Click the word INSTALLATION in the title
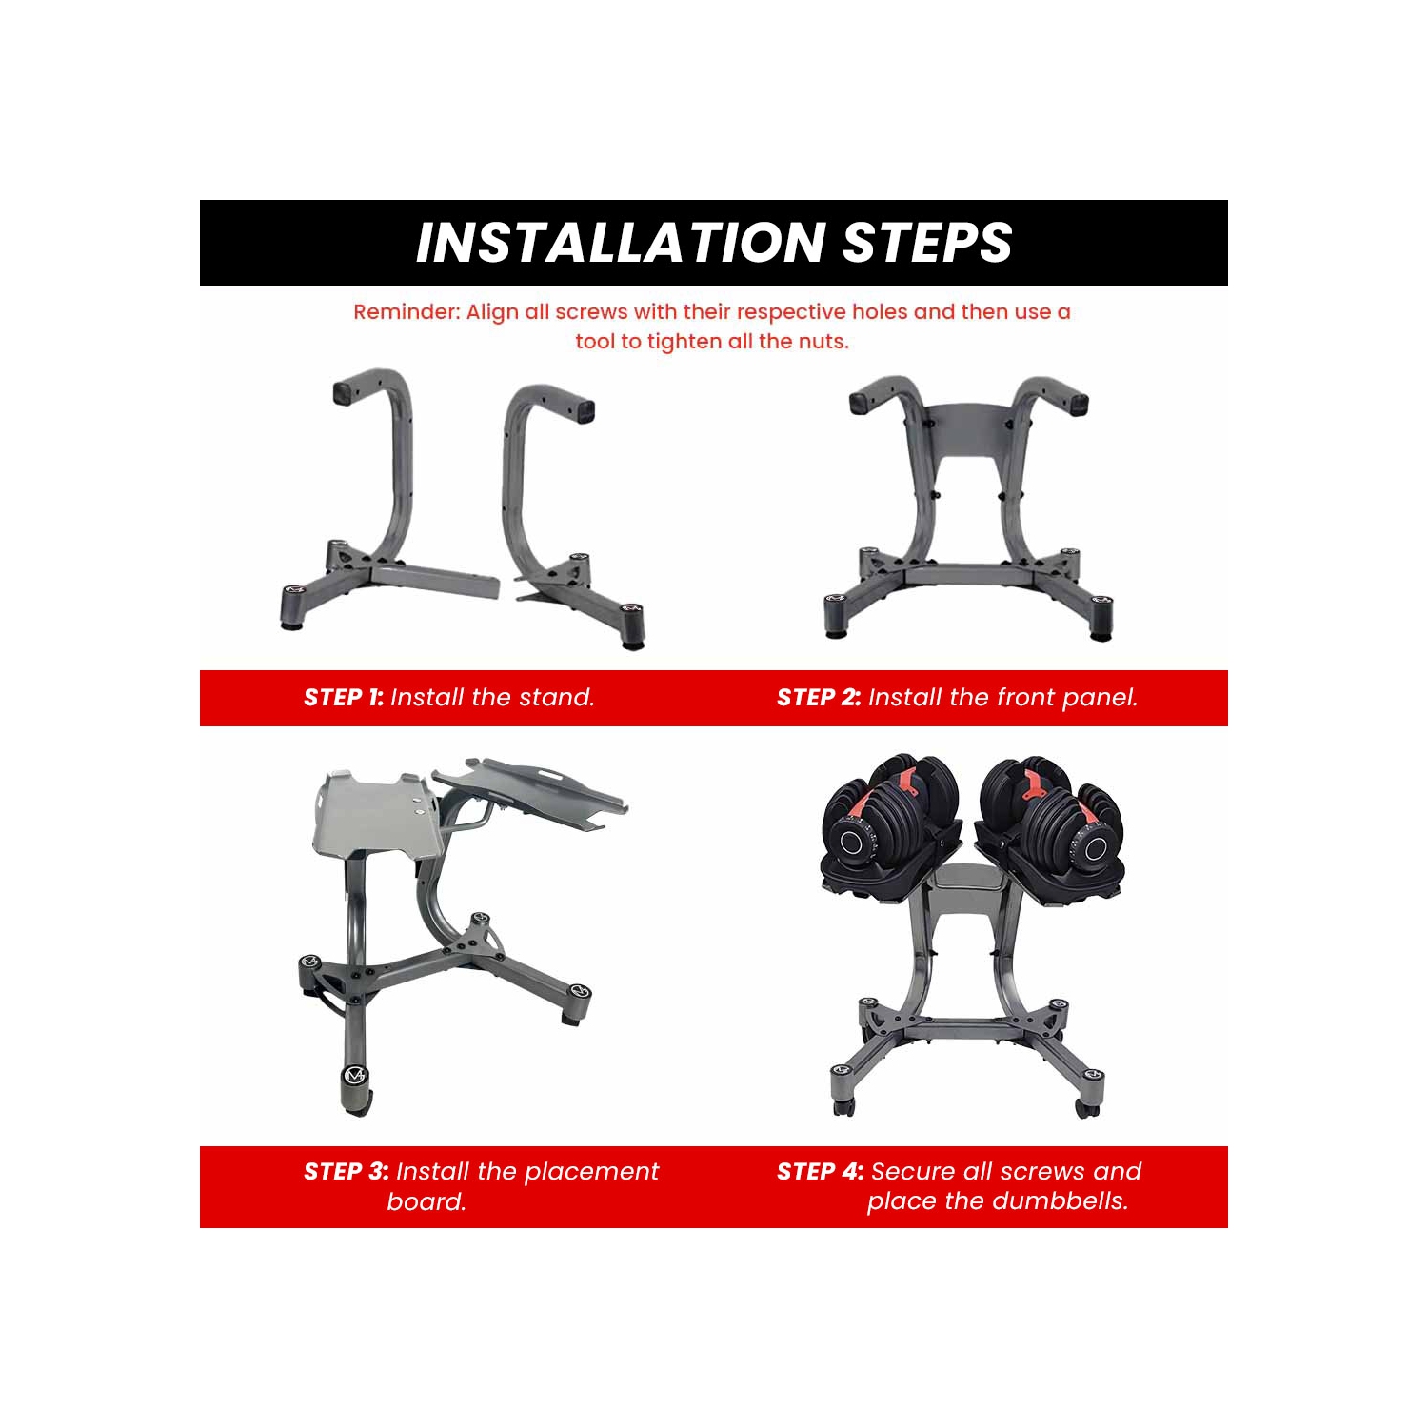pyautogui.click(x=621, y=243)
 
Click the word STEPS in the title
pyautogui.click(x=927, y=243)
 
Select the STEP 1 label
pyautogui.click(x=344, y=698)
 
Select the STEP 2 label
pyautogui.click(x=819, y=698)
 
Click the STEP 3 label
pyautogui.click(x=346, y=1172)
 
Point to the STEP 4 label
pyautogui.click(x=820, y=1172)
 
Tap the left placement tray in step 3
pyautogui.click(x=376, y=814)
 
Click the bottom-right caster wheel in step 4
pyautogui.click(x=1087, y=1106)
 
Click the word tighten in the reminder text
pyautogui.click(x=685, y=342)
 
